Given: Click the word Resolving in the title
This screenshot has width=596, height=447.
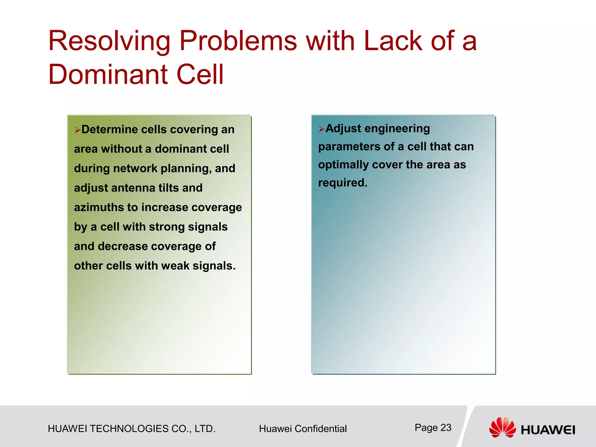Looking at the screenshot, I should (x=109, y=42).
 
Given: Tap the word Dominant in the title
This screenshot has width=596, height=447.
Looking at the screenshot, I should (x=108, y=75).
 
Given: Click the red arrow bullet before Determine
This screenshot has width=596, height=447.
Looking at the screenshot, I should (x=77, y=130).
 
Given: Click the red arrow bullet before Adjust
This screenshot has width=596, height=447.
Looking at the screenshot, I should (x=321, y=129).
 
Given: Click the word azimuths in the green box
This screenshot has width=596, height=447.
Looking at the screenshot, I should (x=98, y=207).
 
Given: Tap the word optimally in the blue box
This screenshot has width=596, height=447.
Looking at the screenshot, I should (x=343, y=165).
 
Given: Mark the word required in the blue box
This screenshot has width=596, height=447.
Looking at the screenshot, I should (x=342, y=183).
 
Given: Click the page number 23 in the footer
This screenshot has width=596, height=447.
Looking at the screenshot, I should (x=446, y=428).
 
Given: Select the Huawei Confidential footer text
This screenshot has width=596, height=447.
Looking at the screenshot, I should (x=303, y=429).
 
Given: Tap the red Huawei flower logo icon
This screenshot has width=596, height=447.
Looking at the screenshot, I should (x=502, y=427).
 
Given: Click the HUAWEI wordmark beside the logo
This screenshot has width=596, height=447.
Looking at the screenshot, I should (x=548, y=430).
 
